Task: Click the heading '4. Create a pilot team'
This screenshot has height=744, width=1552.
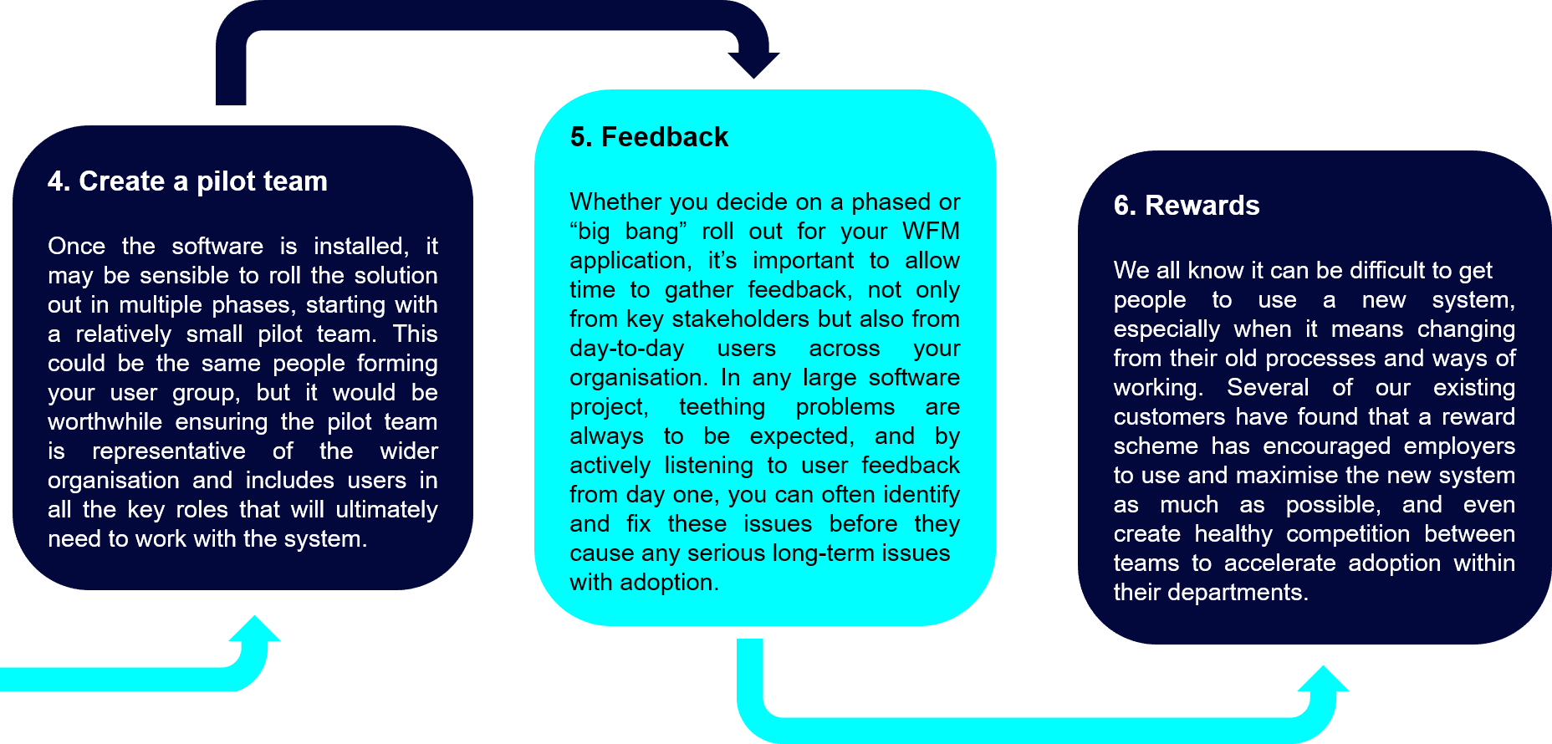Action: [187, 181]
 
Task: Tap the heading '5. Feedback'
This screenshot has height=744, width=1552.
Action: [649, 137]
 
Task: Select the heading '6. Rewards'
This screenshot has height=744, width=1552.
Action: [1187, 206]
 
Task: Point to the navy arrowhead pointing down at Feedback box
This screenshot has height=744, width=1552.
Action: [753, 65]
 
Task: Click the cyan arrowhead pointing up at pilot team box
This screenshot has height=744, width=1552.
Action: [255, 629]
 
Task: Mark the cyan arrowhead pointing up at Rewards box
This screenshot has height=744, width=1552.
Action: [1324, 679]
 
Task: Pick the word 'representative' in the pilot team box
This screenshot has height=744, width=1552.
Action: [169, 451]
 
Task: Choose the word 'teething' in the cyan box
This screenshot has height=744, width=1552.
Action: [722, 407]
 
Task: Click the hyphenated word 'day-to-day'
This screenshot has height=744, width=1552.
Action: [627, 349]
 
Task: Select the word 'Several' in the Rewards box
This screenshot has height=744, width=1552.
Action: [1268, 388]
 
